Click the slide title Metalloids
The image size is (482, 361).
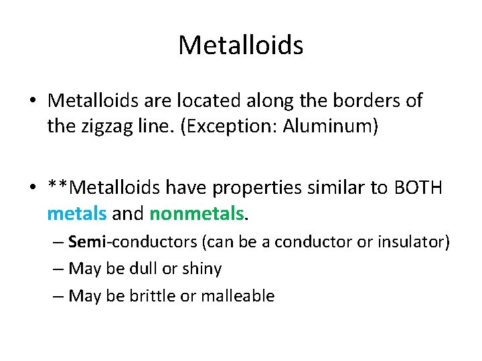click(x=241, y=45)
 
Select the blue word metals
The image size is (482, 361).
click(x=76, y=214)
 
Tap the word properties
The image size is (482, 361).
click(x=251, y=189)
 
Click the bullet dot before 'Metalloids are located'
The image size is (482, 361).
click(x=33, y=101)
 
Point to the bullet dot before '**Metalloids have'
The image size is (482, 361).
click(x=33, y=189)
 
